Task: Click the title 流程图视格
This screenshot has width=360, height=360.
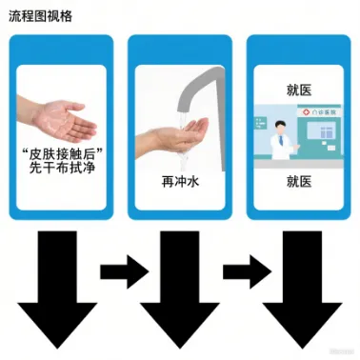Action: click(40, 16)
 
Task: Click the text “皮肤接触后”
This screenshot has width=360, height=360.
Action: click(63, 154)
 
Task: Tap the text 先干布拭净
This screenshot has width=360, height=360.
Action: click(62, 168)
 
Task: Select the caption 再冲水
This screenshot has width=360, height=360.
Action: click(180, 182)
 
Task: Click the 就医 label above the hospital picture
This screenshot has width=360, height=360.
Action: click(299, 90)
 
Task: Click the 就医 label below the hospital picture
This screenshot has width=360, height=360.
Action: click(299, 182)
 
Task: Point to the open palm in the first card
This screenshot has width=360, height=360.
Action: click(64, 122)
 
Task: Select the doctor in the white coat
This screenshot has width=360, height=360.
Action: click(282, 140)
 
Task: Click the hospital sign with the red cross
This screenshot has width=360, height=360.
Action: click(319, 112)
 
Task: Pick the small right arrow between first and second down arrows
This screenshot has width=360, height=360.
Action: click(125, 271)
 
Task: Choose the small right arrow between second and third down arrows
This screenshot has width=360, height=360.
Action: click(248, 271)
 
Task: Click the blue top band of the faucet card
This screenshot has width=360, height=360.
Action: click(180, 50)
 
